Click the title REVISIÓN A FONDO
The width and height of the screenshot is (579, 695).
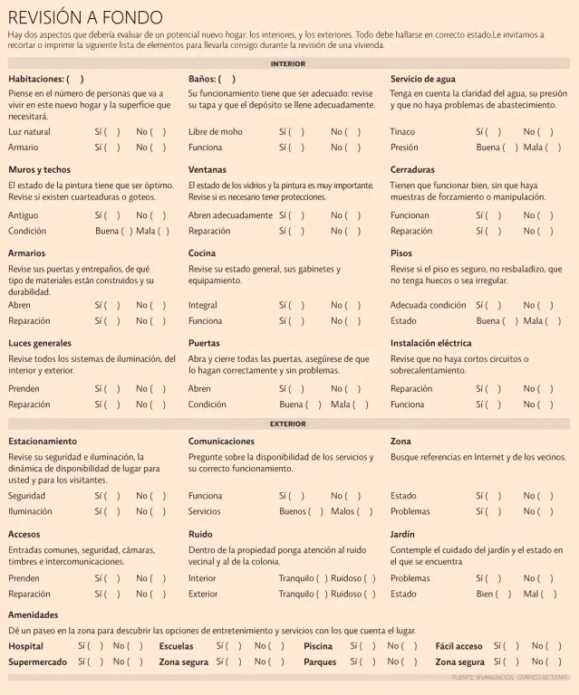point(85,17)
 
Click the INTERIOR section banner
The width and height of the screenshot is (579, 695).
point(288,64)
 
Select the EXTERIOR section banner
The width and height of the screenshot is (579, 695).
point(288,424)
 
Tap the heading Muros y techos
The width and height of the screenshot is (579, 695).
point(39,169)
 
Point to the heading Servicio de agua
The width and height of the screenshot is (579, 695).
point(423,79)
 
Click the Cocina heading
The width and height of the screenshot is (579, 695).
point(202,253)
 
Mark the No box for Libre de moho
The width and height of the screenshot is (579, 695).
point(352,132)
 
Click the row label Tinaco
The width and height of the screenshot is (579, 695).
point(402,132)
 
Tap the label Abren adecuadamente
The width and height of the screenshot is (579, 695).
point(230,215)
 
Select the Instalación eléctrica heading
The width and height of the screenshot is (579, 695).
point(430,344)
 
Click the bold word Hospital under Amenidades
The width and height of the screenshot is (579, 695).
point(25,646)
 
